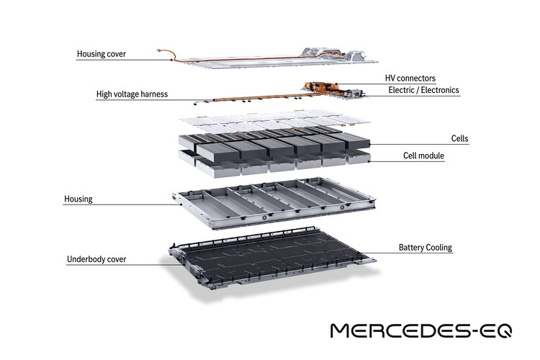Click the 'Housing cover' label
point(102,54)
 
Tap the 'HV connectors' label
point(410,78)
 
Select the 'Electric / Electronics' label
point(423,90)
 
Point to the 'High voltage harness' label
point(132,94)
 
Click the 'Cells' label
point(459,138)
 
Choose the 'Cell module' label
point(423,156)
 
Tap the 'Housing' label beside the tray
point(78,199)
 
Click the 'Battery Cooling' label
point(426,248)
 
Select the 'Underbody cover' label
point(96,259)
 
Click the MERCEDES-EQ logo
point(421,330)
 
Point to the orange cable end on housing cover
point(159,50)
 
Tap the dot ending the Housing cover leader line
point(171,60)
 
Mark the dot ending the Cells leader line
point(369,144)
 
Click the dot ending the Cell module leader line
point(369,161)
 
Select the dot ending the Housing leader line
point(181,204)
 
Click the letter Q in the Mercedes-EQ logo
point(503,330)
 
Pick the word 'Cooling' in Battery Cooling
point(439,248)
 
